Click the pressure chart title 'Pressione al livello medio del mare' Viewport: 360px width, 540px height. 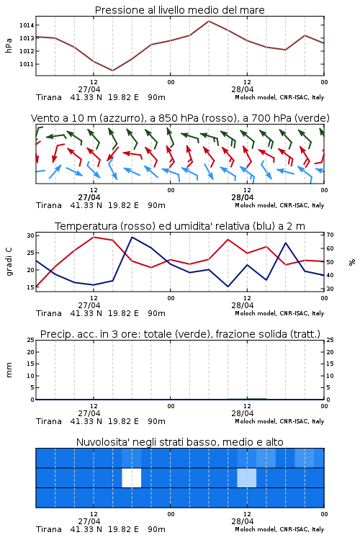(x=179, y=10)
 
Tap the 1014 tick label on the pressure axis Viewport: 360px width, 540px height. (x=27, y=25)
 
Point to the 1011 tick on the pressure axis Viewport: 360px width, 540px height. (x=27, y=64)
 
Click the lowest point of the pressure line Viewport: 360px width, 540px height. (x=112, y=71)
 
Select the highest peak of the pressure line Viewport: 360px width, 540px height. (x=209, y=21)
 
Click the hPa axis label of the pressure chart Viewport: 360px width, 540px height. (x=9, y=45)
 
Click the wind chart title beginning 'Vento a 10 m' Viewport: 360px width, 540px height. (x=180, y=118)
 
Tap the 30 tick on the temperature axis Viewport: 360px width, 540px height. (x=31, y=235)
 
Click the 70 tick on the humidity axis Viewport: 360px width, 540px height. (x=330, y=235)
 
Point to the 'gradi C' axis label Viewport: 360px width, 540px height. (x=9, y=261)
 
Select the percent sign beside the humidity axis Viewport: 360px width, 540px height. (x=352, y=262)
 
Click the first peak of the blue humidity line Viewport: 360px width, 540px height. (x=132, y=237)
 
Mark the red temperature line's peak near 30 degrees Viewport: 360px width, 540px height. (x=94, y=237)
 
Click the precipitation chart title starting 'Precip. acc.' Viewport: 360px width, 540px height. (x=180, y=334)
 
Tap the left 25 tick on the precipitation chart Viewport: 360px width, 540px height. (x=31, y=340)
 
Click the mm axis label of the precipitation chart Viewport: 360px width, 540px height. (x=9, y=370)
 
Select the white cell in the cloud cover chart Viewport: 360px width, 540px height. (x=132, y=477)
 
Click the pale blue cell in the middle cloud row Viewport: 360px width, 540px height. (x=247, y=477)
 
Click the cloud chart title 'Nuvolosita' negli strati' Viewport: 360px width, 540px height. (x=179, y=442)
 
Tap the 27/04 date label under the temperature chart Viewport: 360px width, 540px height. (x=89, y=305)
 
